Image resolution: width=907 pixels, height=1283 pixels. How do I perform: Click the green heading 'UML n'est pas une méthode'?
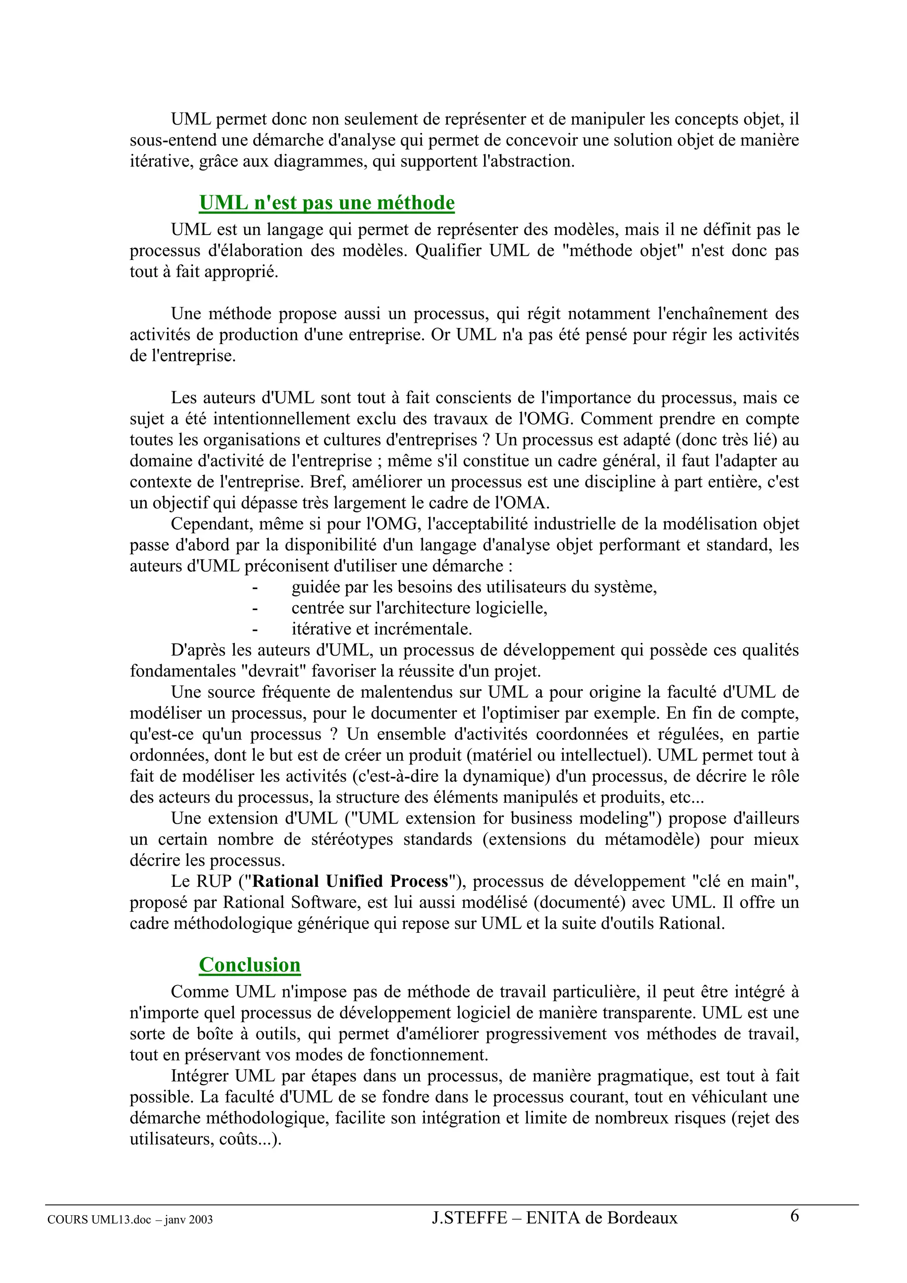[x=326, y=202]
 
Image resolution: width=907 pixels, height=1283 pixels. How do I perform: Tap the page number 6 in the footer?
[x=794, y=1215]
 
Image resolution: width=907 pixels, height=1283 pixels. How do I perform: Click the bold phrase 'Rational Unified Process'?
[x=350, y=881]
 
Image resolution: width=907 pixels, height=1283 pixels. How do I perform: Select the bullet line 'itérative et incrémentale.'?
[x=382, y=629]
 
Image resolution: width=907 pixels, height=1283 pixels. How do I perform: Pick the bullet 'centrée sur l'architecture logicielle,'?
[x=419, y=608]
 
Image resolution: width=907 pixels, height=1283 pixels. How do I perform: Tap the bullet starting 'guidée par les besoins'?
[x=474, y=587]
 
